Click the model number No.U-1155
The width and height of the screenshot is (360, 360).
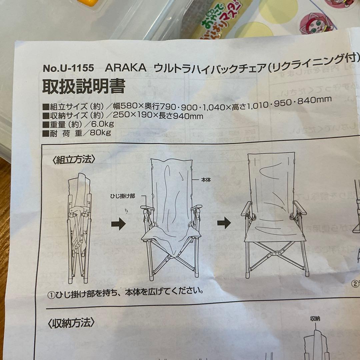pyautogui.click(x=68, y=68)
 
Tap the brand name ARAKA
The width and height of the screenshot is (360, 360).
pyautogui.click(x=126, y=68)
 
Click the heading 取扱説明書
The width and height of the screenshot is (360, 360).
pyautogui.click(x=83, y=87)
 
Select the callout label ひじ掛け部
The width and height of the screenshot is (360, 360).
pyautogui.click(x=123, y=196)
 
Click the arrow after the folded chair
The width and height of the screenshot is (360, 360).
pyautogui.click(x=118, y=223)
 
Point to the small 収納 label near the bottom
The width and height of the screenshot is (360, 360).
pyautogui.click(x=315, y=319)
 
